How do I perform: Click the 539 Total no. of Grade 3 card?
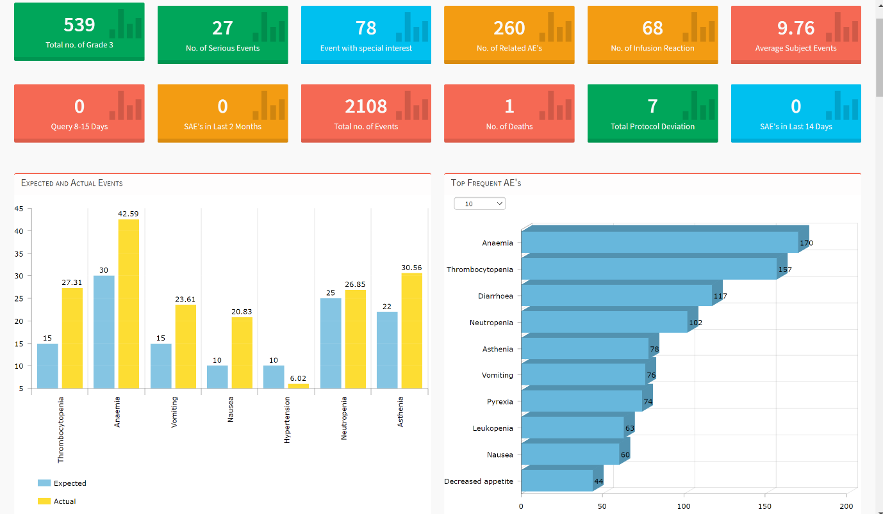pos(79,31)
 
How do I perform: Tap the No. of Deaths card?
pos(509,113)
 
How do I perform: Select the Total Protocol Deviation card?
pos(652,113)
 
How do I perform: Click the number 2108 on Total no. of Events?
pos(366,106)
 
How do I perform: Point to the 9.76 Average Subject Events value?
pos(796,28)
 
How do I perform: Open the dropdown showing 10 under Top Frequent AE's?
pos(479,204)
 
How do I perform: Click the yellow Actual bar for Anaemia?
pos(128,303)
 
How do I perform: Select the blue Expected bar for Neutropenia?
pos(331,343)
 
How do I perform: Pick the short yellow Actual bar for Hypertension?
pos(298,385)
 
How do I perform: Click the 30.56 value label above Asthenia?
pos(411,268)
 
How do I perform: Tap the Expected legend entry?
pos(62,483)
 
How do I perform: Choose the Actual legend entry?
pos(57,501)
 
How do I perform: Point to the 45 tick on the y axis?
pos(19,209)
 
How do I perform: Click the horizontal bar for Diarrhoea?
pos(616,296)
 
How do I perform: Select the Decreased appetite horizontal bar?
pos(557,481)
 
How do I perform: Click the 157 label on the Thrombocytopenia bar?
pos(785,269)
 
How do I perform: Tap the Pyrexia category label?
pos(500,402)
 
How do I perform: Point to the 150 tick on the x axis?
pos(766,506)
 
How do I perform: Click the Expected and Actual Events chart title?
pos(72,183)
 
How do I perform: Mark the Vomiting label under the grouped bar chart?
pos(174,412)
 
